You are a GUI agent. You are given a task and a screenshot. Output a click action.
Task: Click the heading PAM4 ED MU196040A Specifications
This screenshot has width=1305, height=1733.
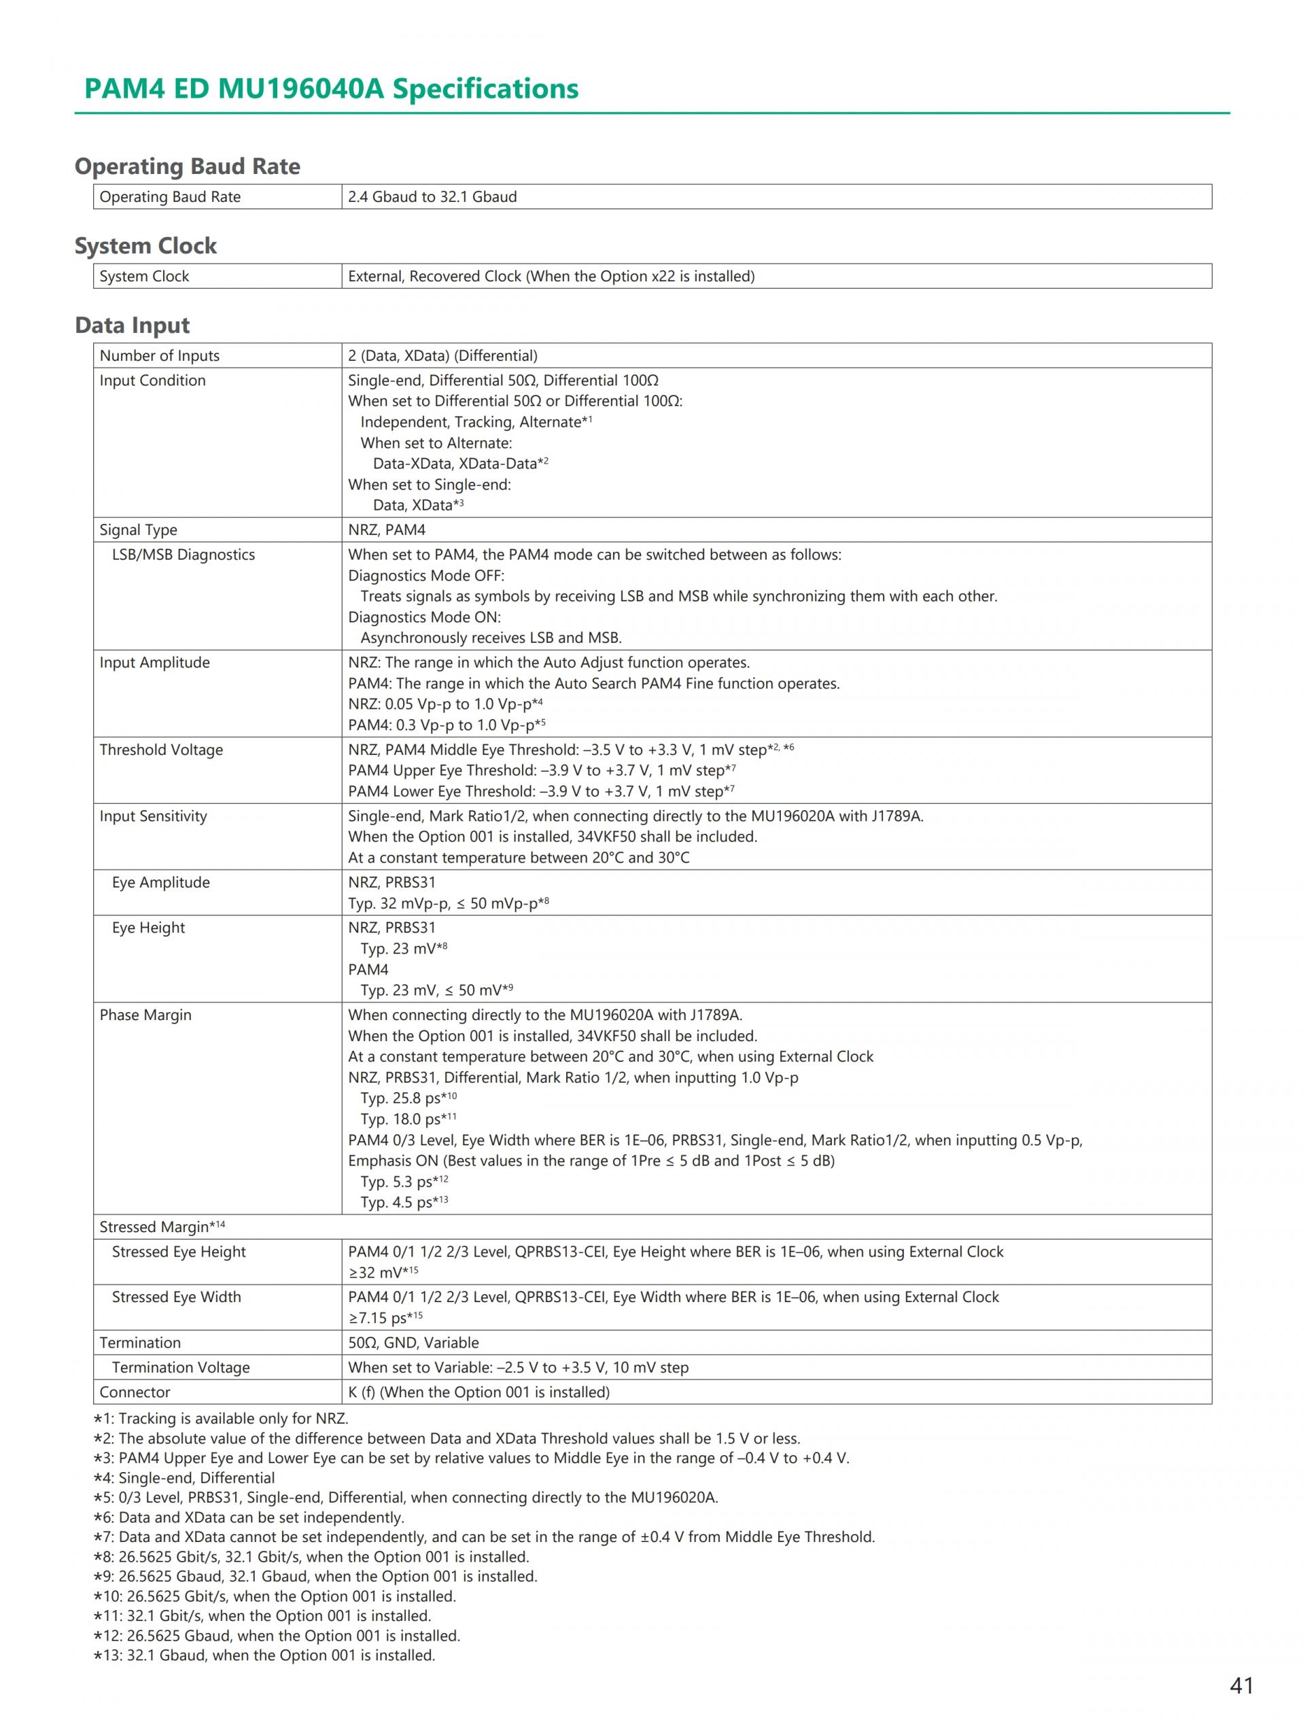(x=330, y=88)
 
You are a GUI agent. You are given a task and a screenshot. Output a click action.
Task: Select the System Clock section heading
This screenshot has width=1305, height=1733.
(x=145, y=246)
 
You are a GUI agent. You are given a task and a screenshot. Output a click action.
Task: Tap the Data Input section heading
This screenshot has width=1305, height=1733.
(x=133, y=325)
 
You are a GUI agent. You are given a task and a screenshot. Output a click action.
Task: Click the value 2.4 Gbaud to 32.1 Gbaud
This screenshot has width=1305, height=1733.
(x=432, y=196)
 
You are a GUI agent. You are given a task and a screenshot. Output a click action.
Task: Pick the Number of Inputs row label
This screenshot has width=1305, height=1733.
(x=159, y=355)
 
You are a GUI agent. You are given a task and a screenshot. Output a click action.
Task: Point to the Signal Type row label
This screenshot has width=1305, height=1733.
(x=138, y=529)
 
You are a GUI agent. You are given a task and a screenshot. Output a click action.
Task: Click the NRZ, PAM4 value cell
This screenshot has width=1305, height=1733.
(x=387, y=529)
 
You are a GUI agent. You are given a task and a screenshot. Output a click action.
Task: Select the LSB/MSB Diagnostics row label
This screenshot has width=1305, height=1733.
(x=184, y=555)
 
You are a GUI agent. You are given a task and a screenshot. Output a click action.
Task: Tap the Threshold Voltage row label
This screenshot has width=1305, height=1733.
(x=160, y=750)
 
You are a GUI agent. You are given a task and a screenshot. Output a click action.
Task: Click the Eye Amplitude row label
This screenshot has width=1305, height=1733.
(x=160, y=882)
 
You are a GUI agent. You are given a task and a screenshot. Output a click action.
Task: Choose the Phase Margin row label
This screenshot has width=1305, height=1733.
(x=145, y=1015)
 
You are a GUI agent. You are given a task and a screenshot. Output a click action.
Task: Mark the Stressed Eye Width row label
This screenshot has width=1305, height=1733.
(x=176, y=1297)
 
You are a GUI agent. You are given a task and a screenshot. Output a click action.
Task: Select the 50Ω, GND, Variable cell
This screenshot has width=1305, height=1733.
(x=413, y=1342)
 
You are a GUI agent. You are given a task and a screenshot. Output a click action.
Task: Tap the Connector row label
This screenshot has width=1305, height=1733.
(x=135, y=1393)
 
